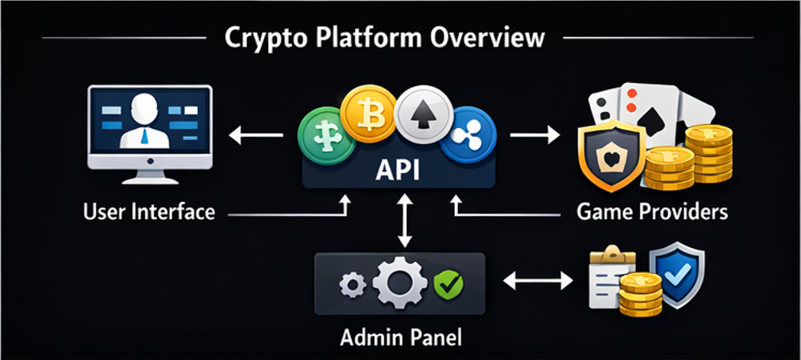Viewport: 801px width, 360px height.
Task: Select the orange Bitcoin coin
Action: point(370,115)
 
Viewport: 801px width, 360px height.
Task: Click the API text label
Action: point(400,171)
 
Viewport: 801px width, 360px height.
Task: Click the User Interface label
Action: point(149,213)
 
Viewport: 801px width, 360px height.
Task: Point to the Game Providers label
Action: point(652,212)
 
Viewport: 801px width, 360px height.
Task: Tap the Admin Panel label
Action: point(400,333)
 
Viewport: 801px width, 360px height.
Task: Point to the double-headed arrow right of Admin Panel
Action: point(537,281)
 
